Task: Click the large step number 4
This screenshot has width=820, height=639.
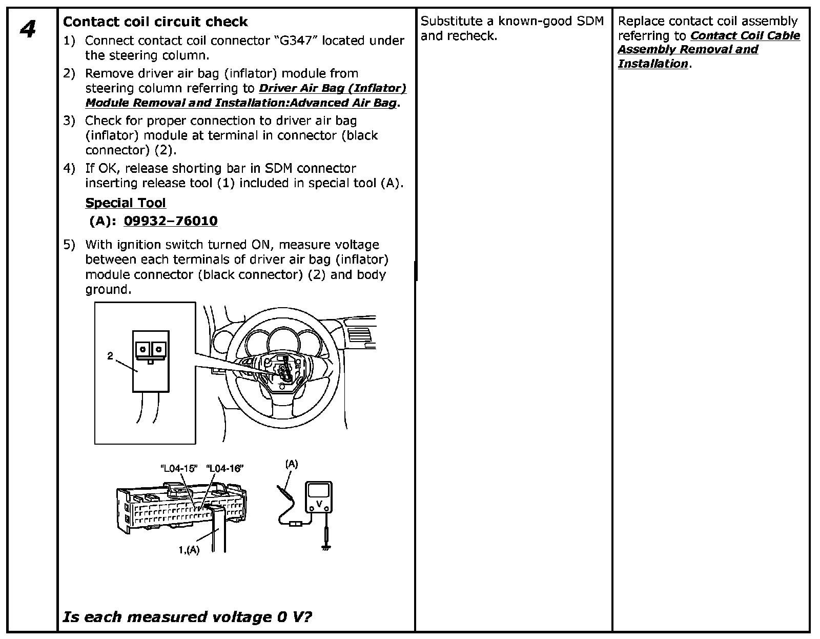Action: pyautogui.click(x=28, y=29)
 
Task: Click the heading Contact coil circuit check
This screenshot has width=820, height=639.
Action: pyautogui.click(x=155, y=22)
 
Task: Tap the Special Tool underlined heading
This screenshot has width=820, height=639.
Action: pyautogui.click(x=126, y=203)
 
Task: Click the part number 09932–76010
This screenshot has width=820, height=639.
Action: pyautogui.click(x=171, y=221)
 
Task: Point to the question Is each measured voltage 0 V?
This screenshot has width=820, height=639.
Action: pyautogui.click(x=187, y=616)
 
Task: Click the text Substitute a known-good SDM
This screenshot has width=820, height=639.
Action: pyautogui.click(x=512, y=22)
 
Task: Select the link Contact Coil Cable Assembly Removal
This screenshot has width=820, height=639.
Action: pyautogui.click(x=708, y=43)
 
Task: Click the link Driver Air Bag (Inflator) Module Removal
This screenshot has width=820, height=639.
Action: pyautogui.click(x=246, y=95)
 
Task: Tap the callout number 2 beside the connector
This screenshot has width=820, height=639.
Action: pyautogui.click(x=110, y=356)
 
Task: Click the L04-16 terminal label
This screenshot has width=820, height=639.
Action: pyautogui.click(x=224, y=468)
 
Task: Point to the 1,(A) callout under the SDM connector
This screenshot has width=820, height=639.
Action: pyautogui.click(x=189, y=550)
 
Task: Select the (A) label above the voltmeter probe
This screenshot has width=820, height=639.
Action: pyautogui.click(x=291, y=464)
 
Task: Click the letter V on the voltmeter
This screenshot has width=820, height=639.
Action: pyautogui.click(x=319, y=504)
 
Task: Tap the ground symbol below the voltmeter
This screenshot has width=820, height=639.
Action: pyautogui.click(x=325, y=548)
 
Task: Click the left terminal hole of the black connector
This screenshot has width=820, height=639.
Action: pyautogui.click(x=143, y=349)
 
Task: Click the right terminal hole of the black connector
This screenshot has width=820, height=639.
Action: pyautogui.click(x=159, y=349)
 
